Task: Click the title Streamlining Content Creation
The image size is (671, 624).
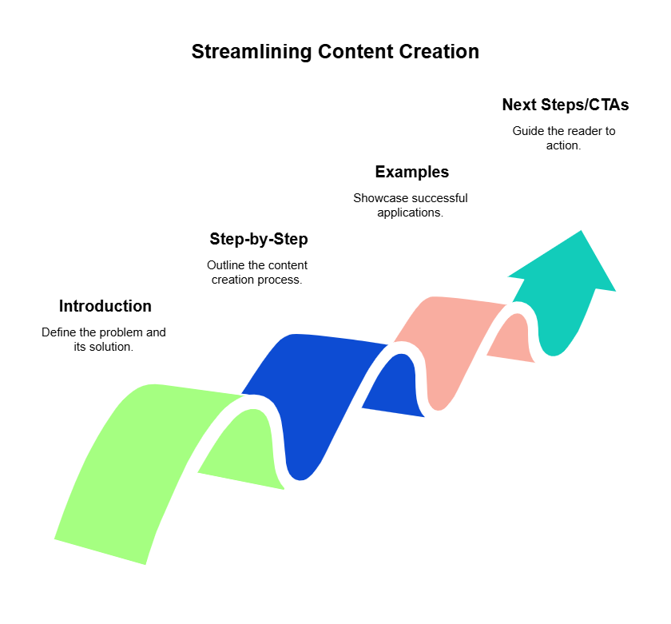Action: click(x=335, y=52)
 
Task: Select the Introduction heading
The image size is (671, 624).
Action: click(x=105, y=306)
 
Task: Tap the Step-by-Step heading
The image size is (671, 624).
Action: click(x=258, y=239)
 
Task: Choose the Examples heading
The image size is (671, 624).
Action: click(x=411, y=172)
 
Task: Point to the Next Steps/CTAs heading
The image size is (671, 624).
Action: click(x=565, y=105)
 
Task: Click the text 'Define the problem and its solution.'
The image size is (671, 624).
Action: click(x=104, y=339)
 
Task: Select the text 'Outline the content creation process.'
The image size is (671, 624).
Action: click(x=257, y=272)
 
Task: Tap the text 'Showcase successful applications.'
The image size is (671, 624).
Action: click(x=411, y=205)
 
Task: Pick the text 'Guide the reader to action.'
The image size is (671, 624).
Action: click(x=564, y=138)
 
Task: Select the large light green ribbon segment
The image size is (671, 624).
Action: click(x=136, y=471)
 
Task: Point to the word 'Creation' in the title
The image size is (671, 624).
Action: click(x=442, y=52)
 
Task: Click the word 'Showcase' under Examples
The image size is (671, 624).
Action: click(x=378, y=198)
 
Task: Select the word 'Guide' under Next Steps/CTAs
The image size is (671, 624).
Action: click(x=527, y=131)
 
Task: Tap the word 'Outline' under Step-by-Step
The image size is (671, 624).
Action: click(x=224, y=265)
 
